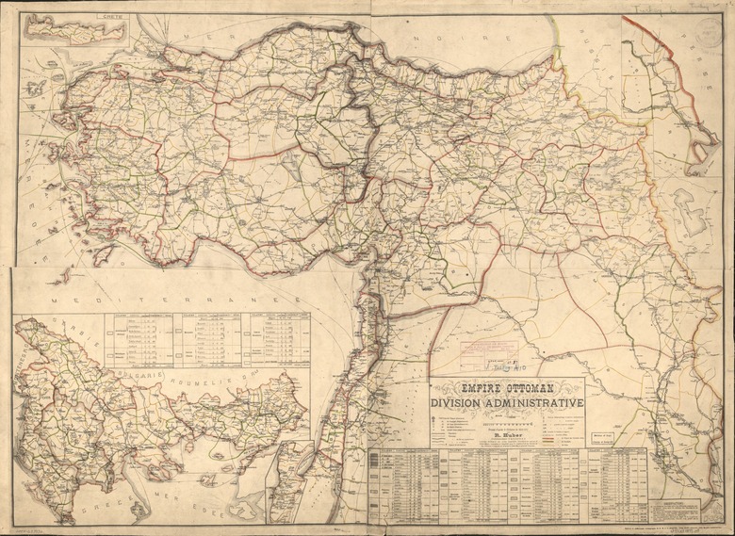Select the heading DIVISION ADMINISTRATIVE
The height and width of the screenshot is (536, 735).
pos(507,404)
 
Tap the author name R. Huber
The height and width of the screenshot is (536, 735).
pos(507,436)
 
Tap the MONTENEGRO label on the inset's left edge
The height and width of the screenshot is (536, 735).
pos(21,377)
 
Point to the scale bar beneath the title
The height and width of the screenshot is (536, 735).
pos(507,426)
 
